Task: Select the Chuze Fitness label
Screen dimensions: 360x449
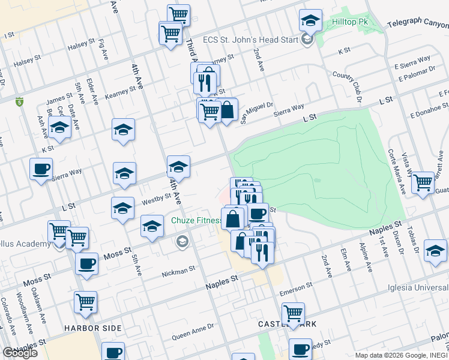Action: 197,220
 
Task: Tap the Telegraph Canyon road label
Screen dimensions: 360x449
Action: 418,25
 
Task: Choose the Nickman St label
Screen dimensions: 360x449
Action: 178,272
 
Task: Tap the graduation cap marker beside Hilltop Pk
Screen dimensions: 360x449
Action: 310,22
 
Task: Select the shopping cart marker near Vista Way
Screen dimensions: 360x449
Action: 423,182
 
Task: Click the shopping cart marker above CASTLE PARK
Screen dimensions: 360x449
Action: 293,314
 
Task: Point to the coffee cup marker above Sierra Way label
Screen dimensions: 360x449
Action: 41,170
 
